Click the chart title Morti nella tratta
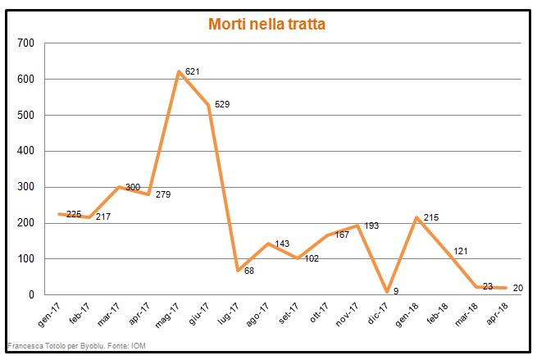(x=266, y=25)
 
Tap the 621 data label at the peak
(x=193, y=72)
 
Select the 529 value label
(x=222, y=105)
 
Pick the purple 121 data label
(x=460, y=251)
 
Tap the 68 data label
(x=249, y=271)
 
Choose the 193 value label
(x=371, y=226)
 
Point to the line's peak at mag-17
(x=179, y=72)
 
